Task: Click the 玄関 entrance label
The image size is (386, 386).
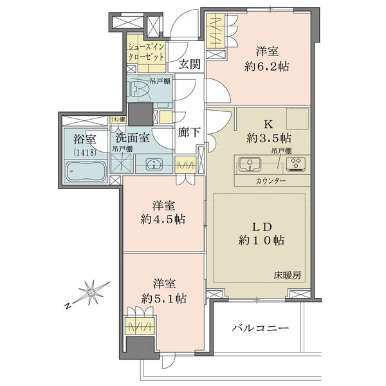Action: click(x=188, y=64)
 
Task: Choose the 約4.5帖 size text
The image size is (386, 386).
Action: click(x=163, y=219)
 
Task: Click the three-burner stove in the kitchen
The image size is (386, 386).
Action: click(x=295, y=164)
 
